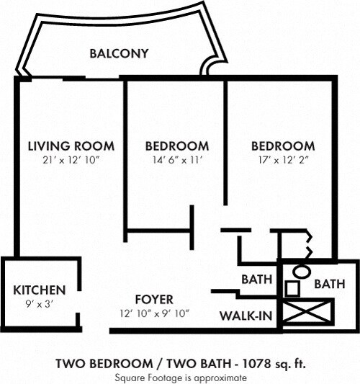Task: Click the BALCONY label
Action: [119, 53]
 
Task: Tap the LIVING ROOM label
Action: [71, 146]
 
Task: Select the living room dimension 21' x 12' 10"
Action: [71, 160]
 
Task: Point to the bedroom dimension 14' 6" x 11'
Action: [176, 160]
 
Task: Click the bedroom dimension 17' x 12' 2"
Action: [282, 160]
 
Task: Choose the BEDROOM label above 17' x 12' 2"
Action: [282, 146]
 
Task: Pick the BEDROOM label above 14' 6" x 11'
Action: [176, 146]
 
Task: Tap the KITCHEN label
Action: [40, 290]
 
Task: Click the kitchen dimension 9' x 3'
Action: [40, 304]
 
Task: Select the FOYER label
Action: [155, 299]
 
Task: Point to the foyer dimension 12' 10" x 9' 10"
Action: [155, 313]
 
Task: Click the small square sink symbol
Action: [292, 290]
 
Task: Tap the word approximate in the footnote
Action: [208, 377]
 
